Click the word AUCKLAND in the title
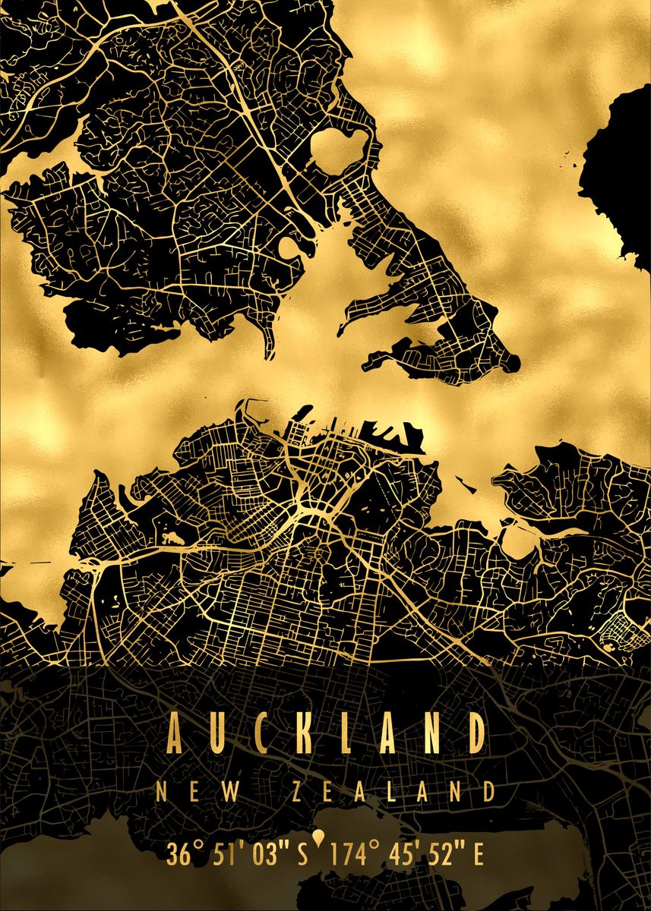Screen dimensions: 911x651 (x=326, y=733)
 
